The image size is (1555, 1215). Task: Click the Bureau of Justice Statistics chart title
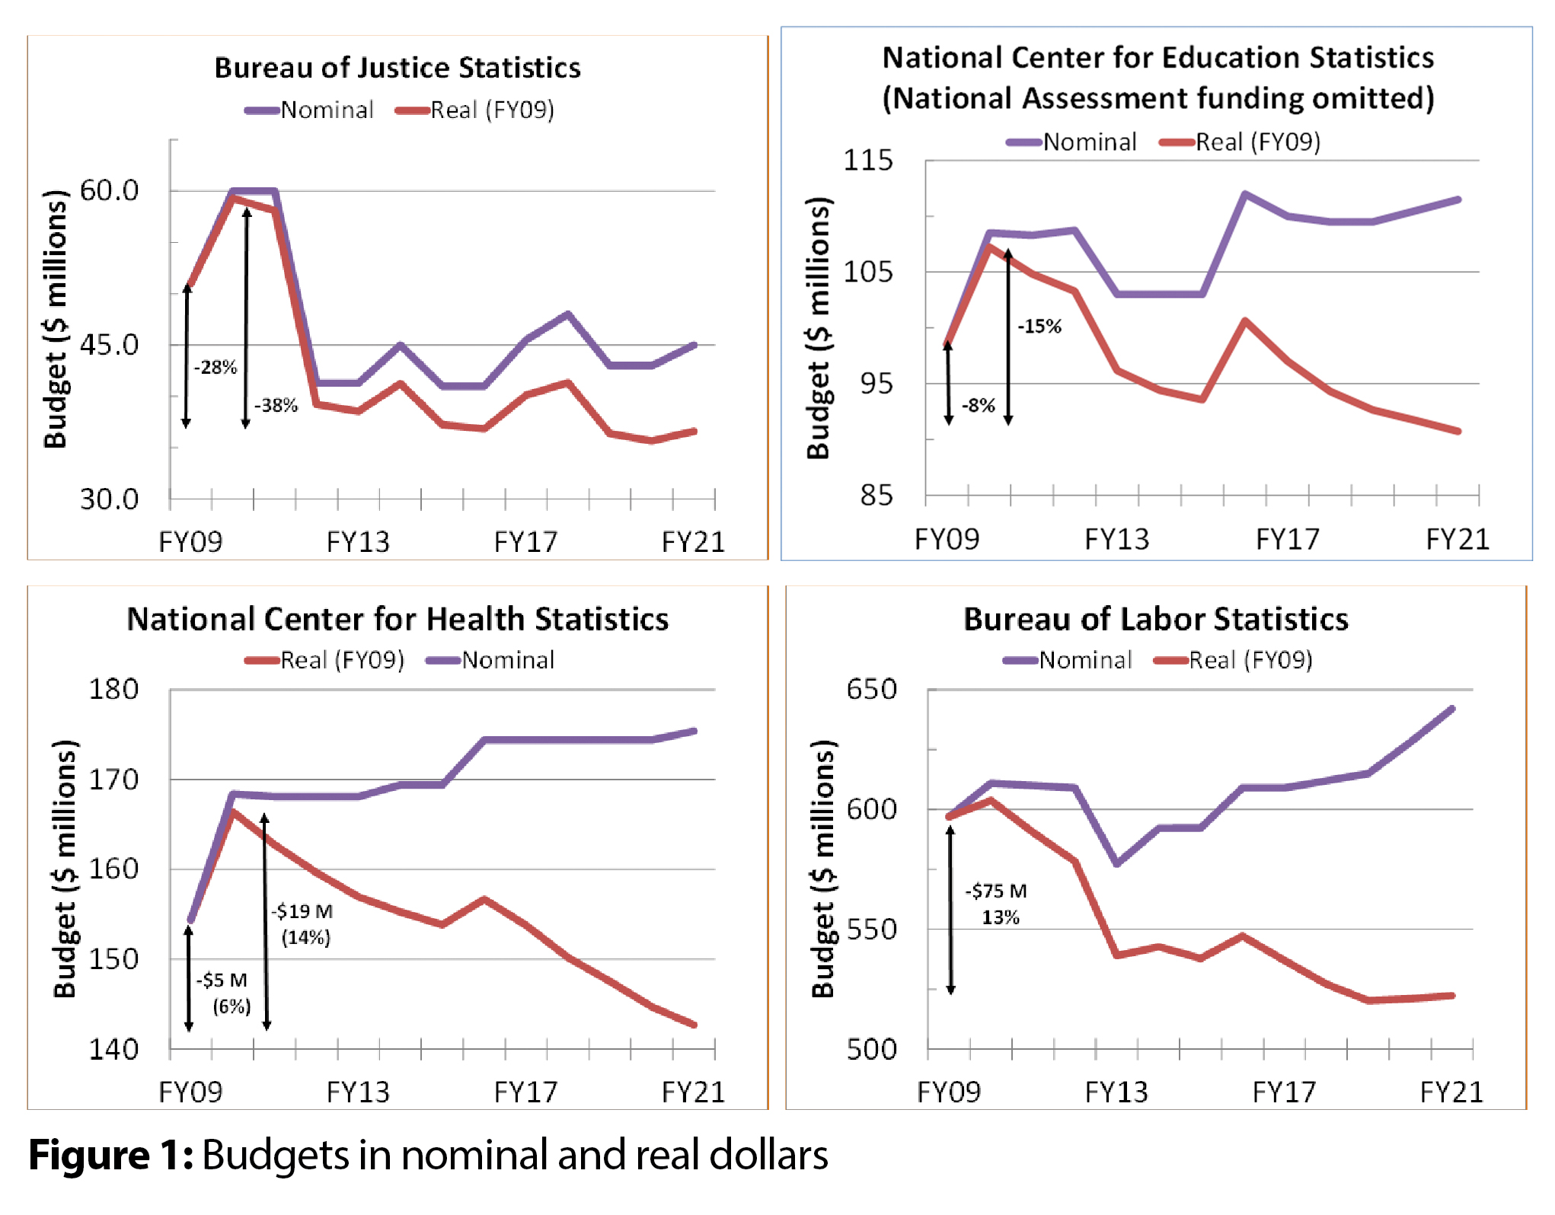(x=397, y=68)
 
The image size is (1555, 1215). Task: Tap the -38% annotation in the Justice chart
(x=276, y=405)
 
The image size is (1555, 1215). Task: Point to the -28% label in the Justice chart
(x=216, y=368)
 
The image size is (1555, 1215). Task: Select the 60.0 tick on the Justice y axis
(x=109, y=190)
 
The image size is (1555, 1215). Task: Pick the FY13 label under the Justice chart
(x=358, y=542)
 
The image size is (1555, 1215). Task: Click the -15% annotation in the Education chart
(x=1039, y=327)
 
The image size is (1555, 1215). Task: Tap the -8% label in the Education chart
(x=979, y=405)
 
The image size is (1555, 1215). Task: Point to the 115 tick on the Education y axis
(x=867, y=160)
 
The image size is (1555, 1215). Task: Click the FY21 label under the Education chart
(x=1457, y=539)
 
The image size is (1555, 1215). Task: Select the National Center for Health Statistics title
(x=398, y=619)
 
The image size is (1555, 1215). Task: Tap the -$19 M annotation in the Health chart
(x=302, y=911)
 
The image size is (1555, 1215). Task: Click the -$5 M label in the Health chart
(x=222, y=980)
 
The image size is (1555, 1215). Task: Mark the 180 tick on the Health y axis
(x=113, y=690)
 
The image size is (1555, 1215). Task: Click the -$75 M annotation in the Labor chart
(x=996, y=891)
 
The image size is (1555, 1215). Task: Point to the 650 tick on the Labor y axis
(x=871, y=690)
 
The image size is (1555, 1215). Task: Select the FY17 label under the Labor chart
(x=1284, y=1092)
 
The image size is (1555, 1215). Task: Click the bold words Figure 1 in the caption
(x=111, y=1156)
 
